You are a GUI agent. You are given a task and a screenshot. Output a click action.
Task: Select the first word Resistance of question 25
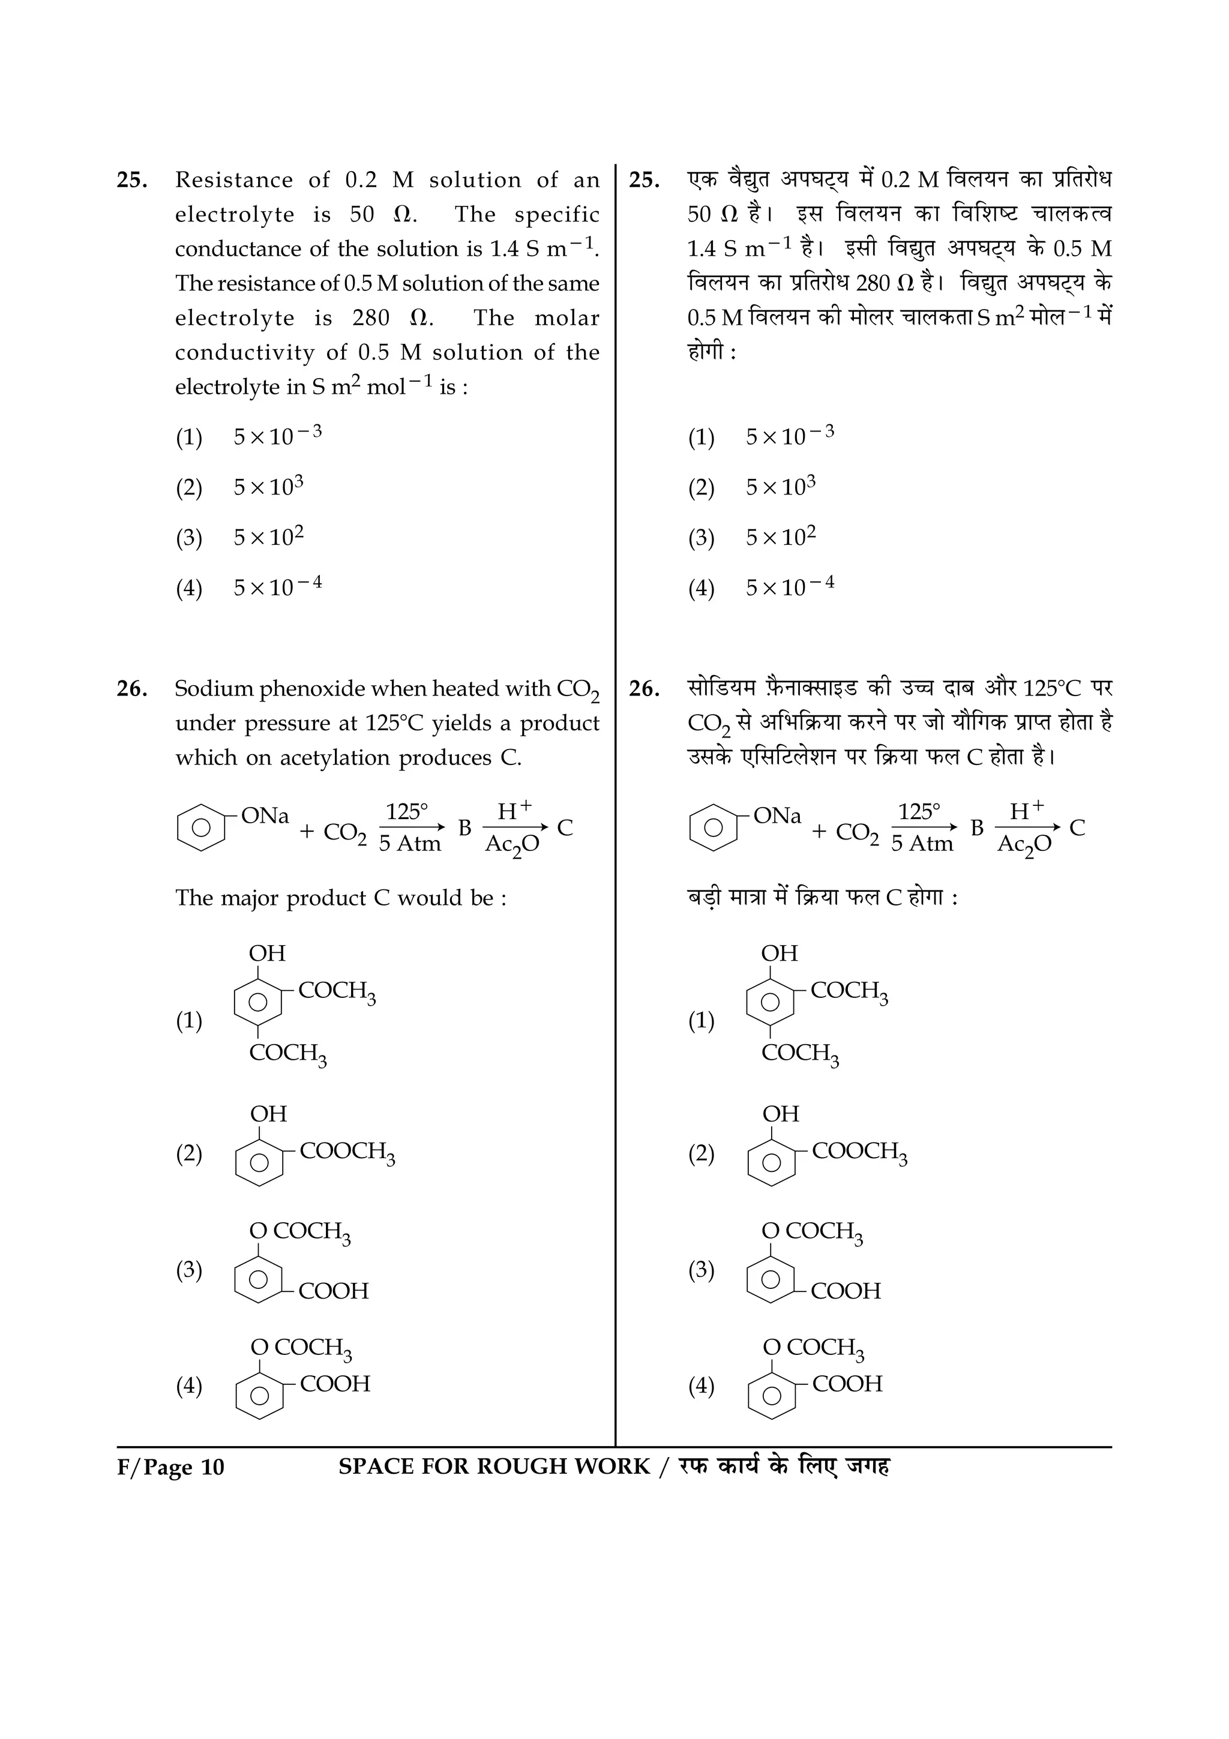click(233, 180)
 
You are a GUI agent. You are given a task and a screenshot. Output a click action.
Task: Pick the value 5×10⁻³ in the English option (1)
click(277, 436)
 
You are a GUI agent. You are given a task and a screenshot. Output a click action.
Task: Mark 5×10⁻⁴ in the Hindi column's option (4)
click(790, 587)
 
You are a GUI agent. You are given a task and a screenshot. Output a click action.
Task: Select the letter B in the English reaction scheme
click(464, 828)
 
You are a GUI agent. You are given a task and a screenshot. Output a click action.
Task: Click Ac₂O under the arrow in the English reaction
click(512, 844)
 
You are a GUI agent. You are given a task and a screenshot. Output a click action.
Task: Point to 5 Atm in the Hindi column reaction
click(922, 844)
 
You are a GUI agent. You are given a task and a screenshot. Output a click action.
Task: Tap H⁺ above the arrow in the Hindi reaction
click(1027, 811)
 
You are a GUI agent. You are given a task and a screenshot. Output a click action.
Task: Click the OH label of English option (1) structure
click(267, 953)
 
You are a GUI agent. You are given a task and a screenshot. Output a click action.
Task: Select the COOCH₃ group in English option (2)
click(347, 1152)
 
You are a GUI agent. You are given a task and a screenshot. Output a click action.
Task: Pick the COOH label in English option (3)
click(333, 1291)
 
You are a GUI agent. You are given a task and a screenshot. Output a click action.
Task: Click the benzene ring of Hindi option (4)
click(772, 1395)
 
